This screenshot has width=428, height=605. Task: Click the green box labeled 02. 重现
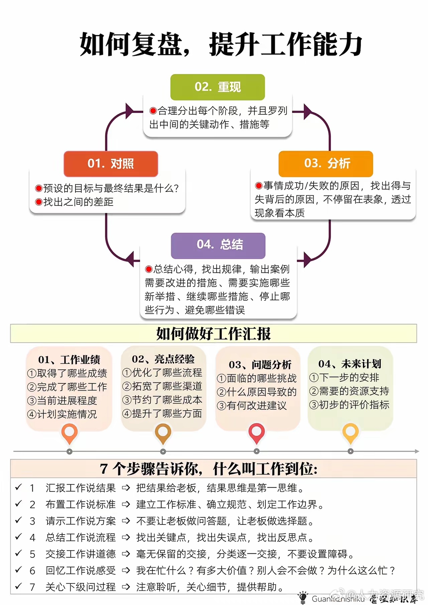coord(217,87)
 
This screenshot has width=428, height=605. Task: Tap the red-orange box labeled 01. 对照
coord(111,164)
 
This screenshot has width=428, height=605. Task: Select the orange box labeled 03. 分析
coord(326,163)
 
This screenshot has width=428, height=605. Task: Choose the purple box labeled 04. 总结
coord(218,245)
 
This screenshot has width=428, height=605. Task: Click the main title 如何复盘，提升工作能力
coord(221,44)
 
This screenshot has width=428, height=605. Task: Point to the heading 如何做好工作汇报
coord(213,334)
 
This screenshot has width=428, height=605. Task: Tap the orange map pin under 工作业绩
coord(70,433)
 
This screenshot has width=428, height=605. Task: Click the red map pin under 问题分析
coord(256,433)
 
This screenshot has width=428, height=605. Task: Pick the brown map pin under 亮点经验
coord(163,433)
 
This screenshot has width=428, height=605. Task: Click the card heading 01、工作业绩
coord(69,360)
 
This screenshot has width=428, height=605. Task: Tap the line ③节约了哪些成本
coord(162,400)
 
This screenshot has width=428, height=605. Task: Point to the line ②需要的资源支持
coord(349,391)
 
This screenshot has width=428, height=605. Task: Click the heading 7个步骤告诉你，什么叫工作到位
coord(209,469)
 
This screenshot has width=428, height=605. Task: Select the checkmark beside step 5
coord(18,553)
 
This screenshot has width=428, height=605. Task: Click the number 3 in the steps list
coord(32,521)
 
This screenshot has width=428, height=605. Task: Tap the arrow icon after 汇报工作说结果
coord(126,488)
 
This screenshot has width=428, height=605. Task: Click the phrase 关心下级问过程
coord(81,587)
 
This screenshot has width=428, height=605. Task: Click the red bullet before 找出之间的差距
coord(39,202)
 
